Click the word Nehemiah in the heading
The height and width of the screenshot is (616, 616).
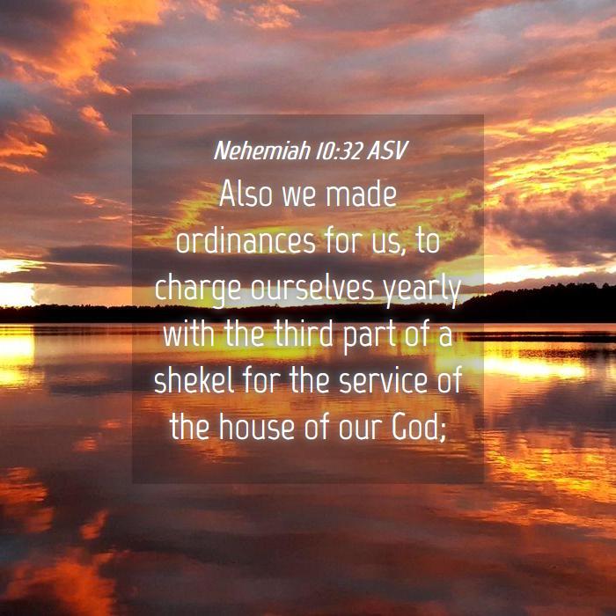(262, 150)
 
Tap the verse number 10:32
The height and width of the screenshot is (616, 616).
(339, 150)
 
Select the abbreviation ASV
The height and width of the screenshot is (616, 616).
(387, 150)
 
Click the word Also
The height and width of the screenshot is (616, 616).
(246, 194)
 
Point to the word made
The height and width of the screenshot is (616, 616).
(361, 194)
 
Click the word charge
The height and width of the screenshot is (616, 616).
(198, 290)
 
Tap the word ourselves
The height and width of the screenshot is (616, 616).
(312, 288)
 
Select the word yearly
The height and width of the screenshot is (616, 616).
(422, 290)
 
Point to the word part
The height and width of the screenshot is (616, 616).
(369, 337)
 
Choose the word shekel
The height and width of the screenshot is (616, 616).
(194, 381)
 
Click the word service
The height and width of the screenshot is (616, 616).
(380, 381)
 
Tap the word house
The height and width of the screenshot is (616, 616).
(256, 427)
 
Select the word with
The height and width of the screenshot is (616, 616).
(188, 334)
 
